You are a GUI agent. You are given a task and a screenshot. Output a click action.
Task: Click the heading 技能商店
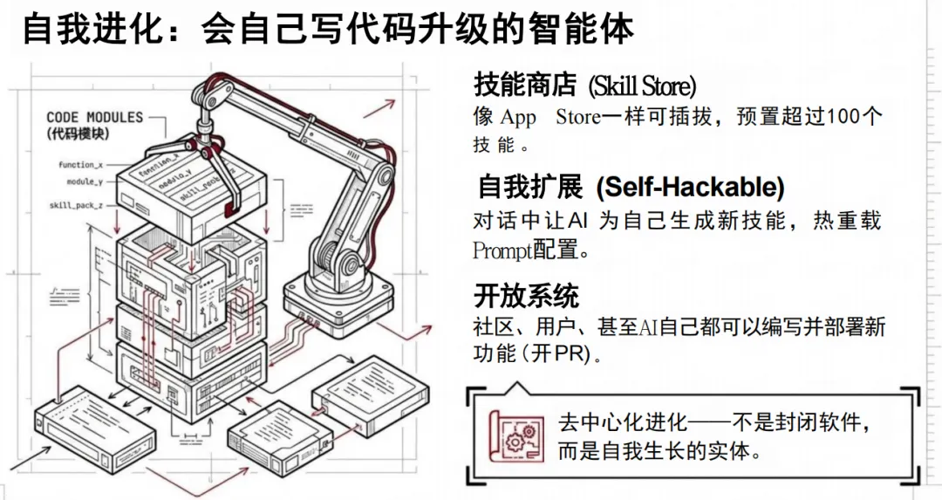tap(525, 86)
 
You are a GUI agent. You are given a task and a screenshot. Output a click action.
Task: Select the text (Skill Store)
tap(643, 86)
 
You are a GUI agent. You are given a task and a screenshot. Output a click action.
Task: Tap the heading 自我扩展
tap(529, 187)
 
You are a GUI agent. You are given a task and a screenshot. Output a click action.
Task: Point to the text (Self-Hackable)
tap(690, 187)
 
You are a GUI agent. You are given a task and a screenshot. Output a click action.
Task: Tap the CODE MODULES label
tap(94, 117)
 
